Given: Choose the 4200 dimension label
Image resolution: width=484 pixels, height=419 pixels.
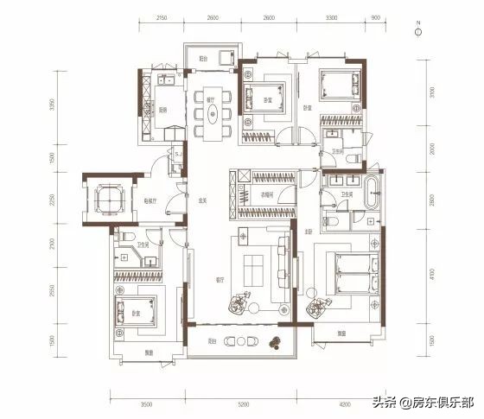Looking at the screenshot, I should pyautogui.click(x=344, y=403).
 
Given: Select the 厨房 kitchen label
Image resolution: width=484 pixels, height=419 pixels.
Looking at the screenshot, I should pyautogui.click(x=162, y=110).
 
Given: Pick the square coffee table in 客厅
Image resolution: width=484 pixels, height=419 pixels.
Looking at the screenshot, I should pyautogui.click(x=255, y=269).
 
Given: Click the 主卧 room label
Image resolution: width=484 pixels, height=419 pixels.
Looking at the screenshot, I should pyautogui.click(x=307, y=232).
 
